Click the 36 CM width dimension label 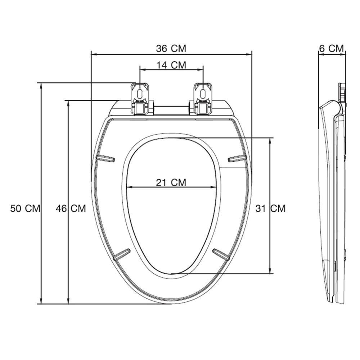coord(171,49)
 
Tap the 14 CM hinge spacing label coord(171,65)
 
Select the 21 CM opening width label coord(171,183)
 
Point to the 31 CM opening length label coord(270,208)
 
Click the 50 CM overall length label coord(25,208)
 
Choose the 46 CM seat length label coord(71,208)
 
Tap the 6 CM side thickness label coord(332,49)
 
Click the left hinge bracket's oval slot coord(140,94)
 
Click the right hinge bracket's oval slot coord(203,94)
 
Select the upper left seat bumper coord(105,158)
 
